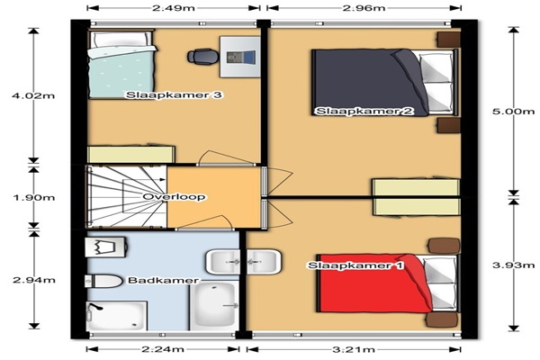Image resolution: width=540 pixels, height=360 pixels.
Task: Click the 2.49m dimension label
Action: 173,8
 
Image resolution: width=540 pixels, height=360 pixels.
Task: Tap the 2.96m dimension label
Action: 364,8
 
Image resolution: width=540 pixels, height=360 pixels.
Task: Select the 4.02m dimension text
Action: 33,95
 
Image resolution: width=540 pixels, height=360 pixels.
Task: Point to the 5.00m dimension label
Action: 514,111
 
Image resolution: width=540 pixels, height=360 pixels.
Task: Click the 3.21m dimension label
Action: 354,350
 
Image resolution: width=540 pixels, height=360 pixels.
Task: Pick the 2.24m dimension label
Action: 163,350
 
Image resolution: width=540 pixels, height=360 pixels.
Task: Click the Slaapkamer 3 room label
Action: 174,95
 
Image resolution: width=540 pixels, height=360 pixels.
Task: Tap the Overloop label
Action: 174,197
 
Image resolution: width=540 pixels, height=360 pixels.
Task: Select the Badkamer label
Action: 163,281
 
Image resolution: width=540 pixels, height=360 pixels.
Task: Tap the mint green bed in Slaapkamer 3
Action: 121,65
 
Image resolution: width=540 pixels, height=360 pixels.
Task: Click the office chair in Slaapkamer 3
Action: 202,57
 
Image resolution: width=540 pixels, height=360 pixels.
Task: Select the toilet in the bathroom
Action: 103,282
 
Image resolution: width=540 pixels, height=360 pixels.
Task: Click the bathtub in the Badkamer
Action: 214,306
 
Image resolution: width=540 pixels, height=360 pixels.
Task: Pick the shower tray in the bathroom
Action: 117,316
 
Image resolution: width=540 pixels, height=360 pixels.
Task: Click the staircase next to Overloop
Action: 126,197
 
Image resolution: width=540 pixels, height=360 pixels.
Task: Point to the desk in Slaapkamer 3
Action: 240,58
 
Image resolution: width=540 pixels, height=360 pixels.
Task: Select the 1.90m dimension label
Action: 34,198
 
